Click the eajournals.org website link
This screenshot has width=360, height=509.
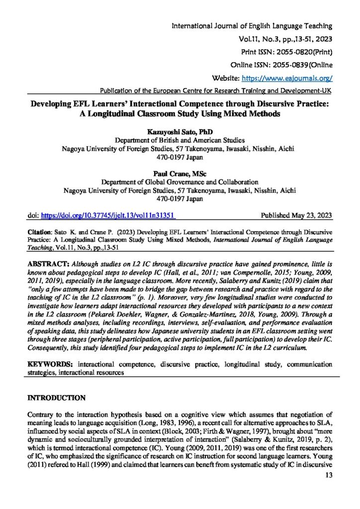point(286,78)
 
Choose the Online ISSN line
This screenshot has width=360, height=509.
point(282,65)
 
